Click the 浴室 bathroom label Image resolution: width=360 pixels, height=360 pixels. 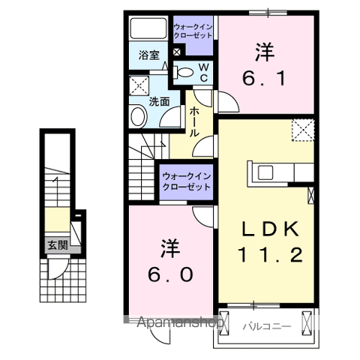point(148,55)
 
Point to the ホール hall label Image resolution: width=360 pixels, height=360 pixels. point(194,120)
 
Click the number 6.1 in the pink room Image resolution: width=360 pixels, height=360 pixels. point(265,77)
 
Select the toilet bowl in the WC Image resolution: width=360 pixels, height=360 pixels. point(184,71)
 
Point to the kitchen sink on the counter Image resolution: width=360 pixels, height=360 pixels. point(267,172)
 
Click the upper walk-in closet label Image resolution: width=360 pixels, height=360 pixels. point(193,31)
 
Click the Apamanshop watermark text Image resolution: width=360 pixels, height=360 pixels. point(180,323)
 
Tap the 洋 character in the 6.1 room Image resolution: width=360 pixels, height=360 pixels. point(265,52)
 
